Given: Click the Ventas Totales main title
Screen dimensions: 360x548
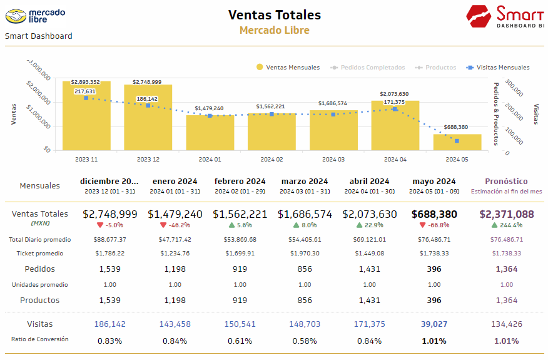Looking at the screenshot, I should pos(274,14).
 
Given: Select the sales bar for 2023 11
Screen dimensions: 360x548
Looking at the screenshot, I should pos(86,116).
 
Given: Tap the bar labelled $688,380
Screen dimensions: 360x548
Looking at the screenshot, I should pos(457,142).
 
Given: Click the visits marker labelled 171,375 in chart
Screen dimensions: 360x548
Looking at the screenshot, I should pos(395,109).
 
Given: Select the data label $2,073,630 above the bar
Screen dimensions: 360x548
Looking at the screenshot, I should pos(394,94).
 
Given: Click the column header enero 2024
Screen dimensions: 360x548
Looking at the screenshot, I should pos(175,182).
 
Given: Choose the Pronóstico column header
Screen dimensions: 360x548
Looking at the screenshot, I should pos(507,182).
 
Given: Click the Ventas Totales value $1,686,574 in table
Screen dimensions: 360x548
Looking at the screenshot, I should pos(304,214).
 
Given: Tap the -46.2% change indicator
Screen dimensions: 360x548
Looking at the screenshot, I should pos(175,225).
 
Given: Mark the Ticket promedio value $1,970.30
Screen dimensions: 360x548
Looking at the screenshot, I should pos(304,254).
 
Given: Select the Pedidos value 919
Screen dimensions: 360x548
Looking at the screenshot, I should pos(240,269).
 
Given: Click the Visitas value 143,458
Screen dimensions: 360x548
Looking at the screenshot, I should pos(175,324).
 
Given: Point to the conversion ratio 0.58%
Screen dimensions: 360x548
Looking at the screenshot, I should pos(304,341).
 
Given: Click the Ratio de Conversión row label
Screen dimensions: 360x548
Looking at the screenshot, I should pos(40,339).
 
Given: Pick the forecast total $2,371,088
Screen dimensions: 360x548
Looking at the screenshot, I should pos(507,214).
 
